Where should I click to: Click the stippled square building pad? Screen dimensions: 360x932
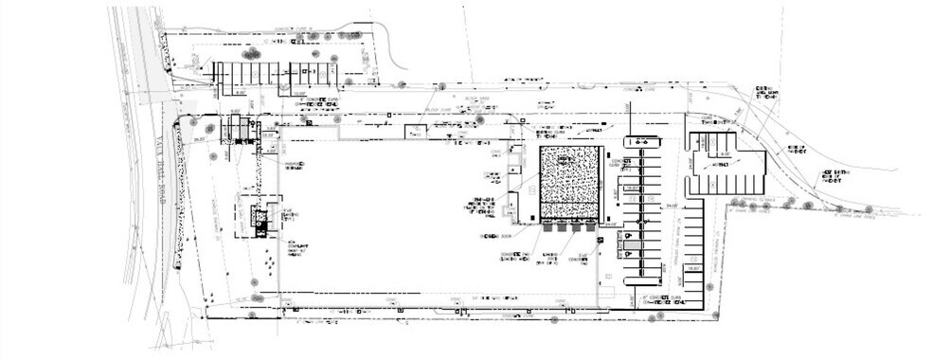[570, 184]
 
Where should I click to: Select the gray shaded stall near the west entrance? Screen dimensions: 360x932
[241, 126]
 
